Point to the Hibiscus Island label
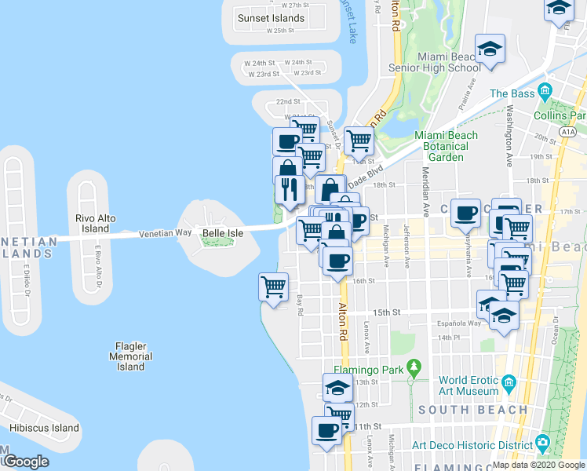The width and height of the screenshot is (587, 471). [x=45, y=428]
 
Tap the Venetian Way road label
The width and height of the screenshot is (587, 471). [x=165, y=233]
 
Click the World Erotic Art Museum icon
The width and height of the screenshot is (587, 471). [x=509, y=383]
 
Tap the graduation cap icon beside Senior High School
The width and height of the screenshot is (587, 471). [x=490, y=49]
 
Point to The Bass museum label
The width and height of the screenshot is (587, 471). [x=512, y=93]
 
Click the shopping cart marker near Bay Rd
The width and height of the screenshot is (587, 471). [x=273, y=287]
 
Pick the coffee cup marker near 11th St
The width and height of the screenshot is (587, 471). [x=328, y=430]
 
